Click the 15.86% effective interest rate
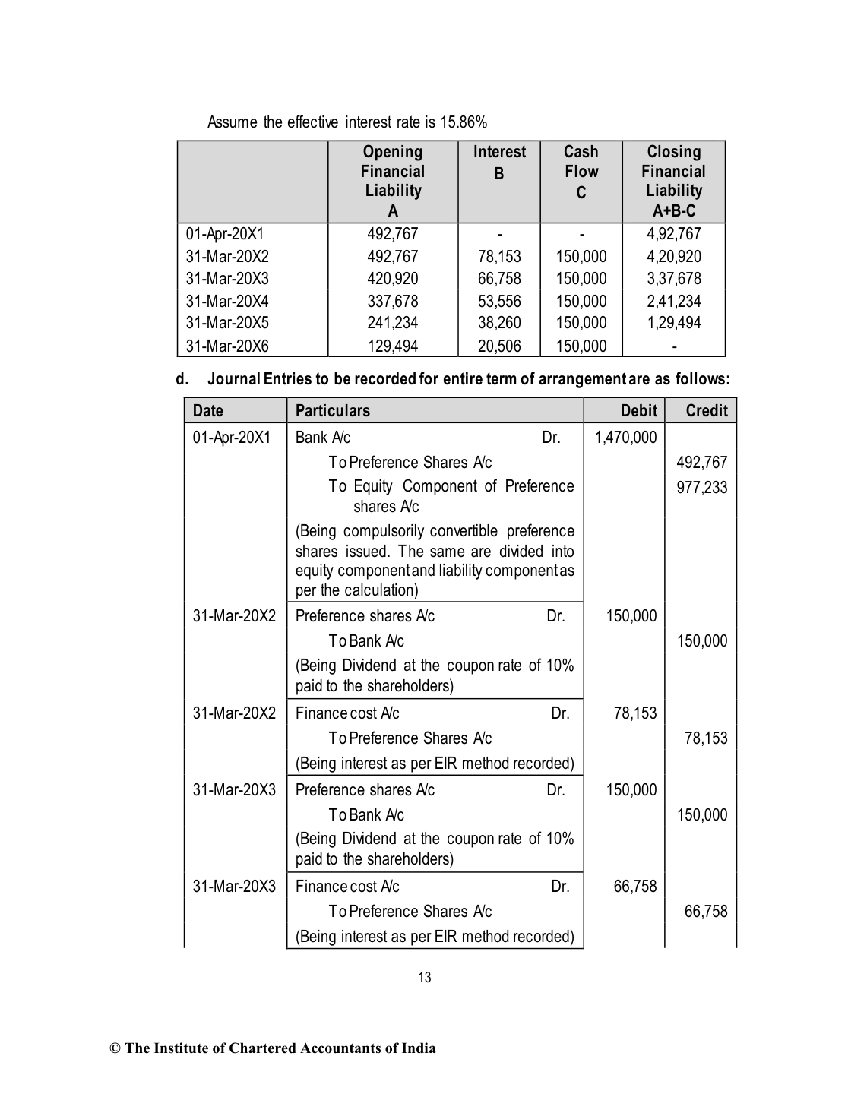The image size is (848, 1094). [464, 122]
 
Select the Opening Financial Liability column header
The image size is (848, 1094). [392, 181]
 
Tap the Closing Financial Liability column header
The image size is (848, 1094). [673, 181]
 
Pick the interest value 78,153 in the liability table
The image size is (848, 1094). [499, 257]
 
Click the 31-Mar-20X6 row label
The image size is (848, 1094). [227, 346]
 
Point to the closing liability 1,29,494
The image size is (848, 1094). [673, 323]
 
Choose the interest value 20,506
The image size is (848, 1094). [499, 346]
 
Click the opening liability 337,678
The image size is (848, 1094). [392, 302]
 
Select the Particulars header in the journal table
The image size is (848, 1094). [332, 411]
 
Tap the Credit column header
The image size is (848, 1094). [706, 411]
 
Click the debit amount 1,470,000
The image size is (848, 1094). [625, 437]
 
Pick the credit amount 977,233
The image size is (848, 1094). [701, 487]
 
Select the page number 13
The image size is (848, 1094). [425, 978]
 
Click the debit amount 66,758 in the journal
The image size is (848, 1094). [634, 886]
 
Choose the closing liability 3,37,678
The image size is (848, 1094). [673, 279]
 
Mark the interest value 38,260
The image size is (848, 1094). [499, 323]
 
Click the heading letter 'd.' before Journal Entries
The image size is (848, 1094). [182, 378]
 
